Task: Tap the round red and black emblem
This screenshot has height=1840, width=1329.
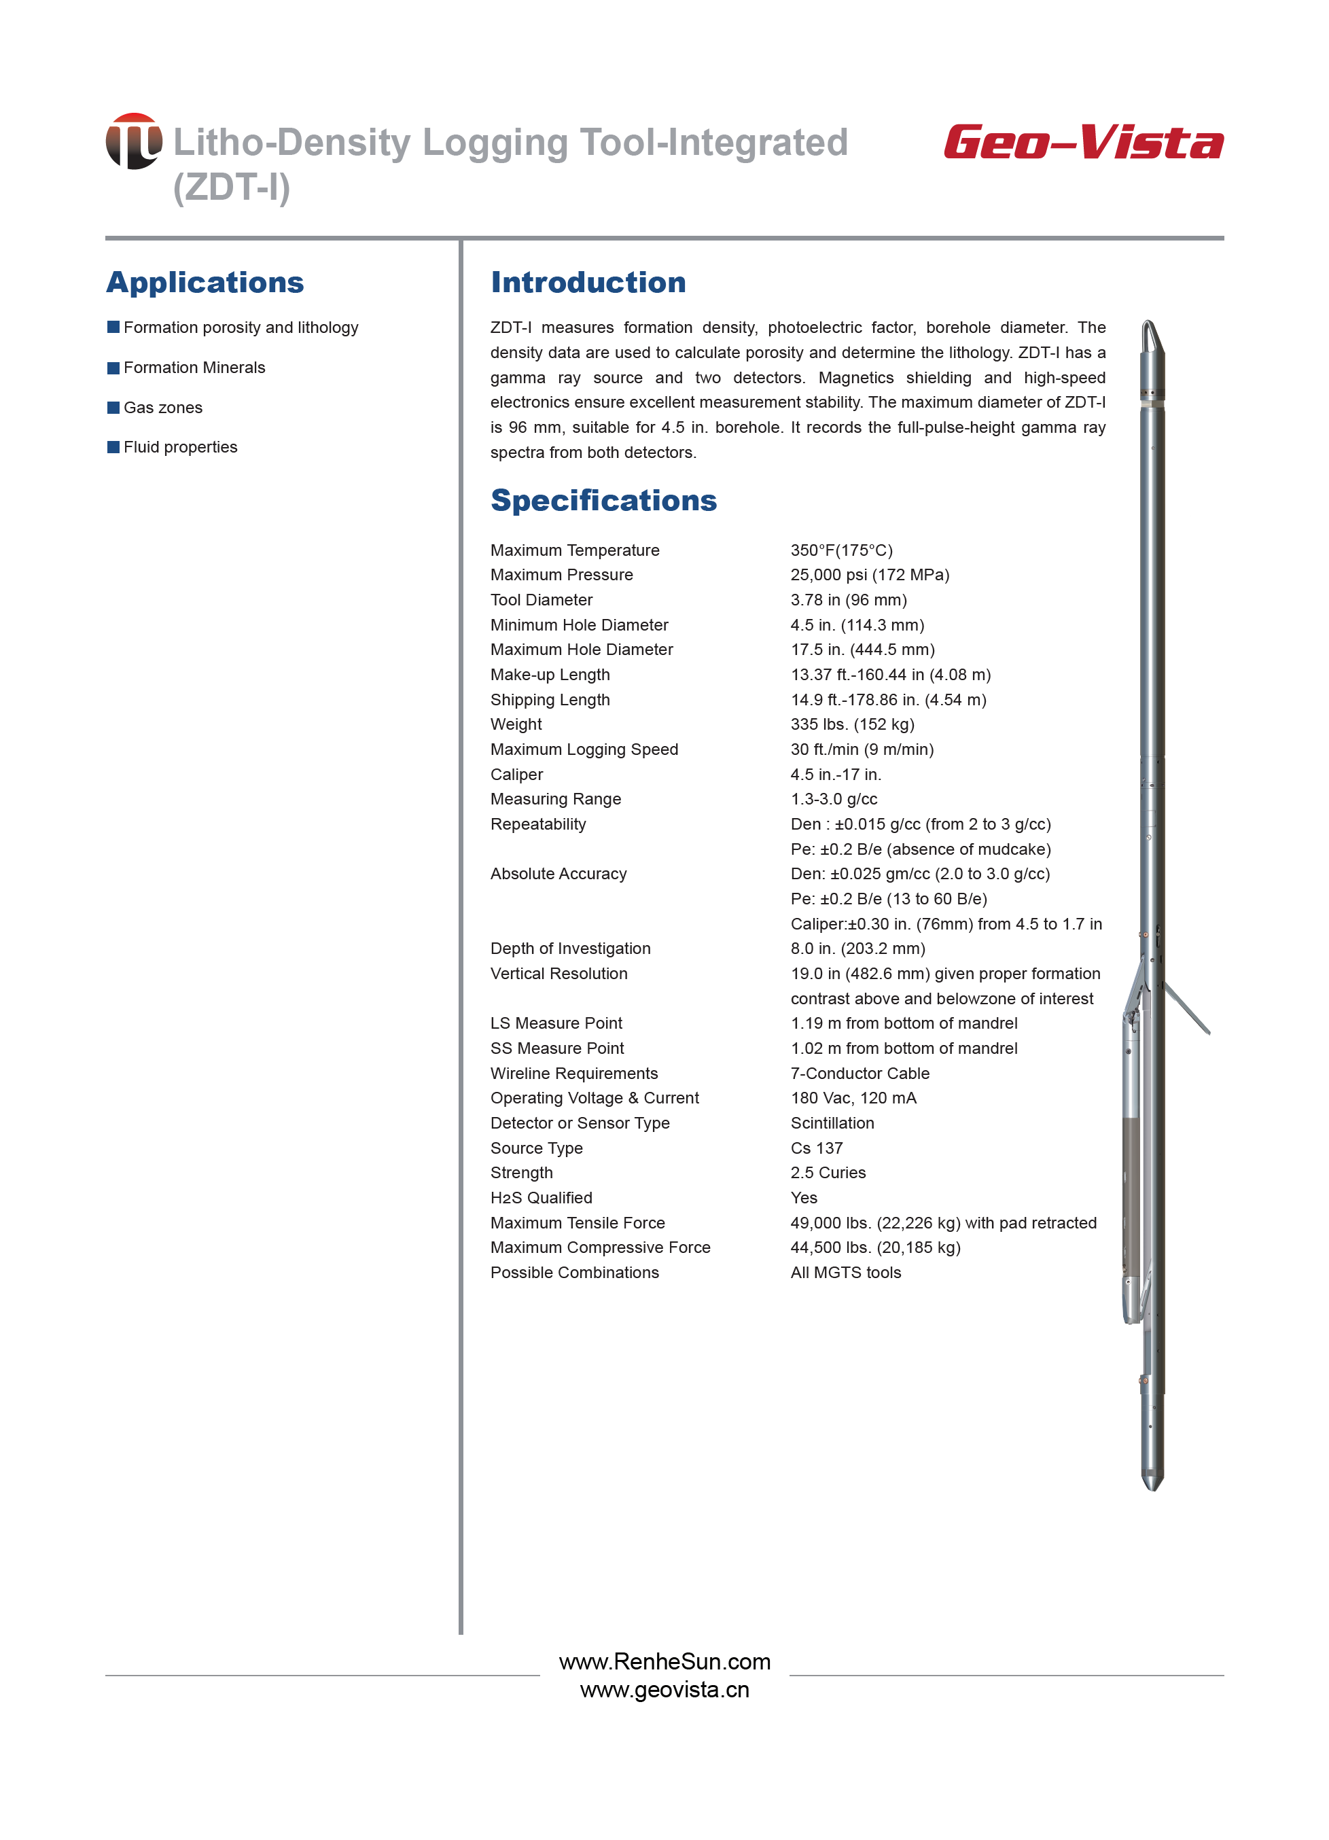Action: [x=134, y=141]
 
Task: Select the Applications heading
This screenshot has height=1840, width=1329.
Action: [x=205, y=283]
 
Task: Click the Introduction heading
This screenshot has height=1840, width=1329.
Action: [x=588, y=283]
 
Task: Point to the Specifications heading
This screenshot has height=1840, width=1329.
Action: [x=603, y=501]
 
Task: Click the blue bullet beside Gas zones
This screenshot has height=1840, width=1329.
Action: [x=113, y=407]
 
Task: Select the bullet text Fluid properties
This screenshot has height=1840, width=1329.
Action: [x=180, y=447]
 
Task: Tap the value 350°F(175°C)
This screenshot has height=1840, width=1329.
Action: [x=841, y=550]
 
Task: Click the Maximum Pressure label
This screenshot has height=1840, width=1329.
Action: [x=561, y=574]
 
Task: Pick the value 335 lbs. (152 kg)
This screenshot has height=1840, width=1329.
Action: [x=852, y=724]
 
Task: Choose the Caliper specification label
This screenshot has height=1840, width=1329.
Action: [x=517, y=774]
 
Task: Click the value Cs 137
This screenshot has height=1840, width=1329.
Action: [x=816, y=1148]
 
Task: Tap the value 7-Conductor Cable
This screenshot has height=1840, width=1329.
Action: [x=860, y=1074]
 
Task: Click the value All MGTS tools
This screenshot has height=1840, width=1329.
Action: [x=845, y=1272]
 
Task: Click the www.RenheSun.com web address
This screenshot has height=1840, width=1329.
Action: [x=664, y=1661]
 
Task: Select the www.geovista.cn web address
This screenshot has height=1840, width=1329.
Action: [x=664, y=1690]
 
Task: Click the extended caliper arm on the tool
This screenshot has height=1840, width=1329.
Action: [x=1188, y=1008]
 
